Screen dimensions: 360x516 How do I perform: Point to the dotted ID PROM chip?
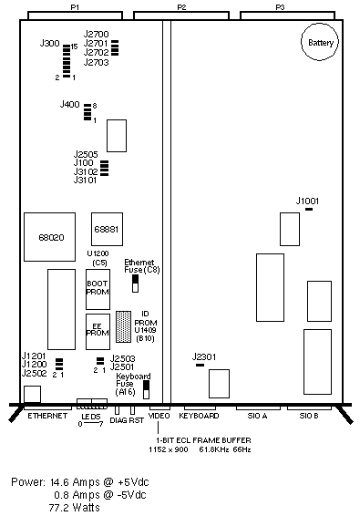123,326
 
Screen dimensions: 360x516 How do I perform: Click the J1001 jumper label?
307,201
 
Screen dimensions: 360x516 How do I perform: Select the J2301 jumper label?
204,356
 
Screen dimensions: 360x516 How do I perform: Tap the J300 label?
50,43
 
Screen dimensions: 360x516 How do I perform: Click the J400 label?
70,104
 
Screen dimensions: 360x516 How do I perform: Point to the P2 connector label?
181,7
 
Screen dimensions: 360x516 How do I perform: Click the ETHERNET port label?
47,416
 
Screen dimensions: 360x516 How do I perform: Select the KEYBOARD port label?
199,416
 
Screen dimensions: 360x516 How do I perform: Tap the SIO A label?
257,416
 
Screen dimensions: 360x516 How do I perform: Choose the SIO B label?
309,416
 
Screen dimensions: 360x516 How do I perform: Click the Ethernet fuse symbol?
135,284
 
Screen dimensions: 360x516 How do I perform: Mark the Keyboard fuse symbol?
147,389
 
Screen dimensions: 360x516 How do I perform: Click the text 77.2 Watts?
75,507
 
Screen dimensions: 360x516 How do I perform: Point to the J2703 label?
96,62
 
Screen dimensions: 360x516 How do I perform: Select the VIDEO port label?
159,416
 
